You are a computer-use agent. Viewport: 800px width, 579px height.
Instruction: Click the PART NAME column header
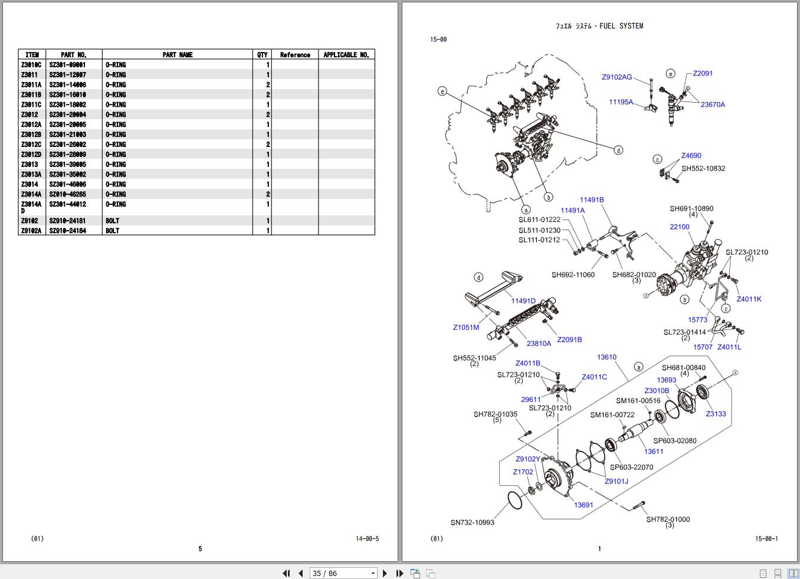(177, 55)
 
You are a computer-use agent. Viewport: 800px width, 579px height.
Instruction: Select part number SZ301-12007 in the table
(67, 75)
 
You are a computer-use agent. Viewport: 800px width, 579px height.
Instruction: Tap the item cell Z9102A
(31, 231)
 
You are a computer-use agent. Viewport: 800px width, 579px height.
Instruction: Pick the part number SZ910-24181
(67, 221)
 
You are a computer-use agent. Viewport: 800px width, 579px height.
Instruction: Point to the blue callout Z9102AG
(617, 77)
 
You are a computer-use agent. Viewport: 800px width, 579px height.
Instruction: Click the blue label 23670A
(713, 104)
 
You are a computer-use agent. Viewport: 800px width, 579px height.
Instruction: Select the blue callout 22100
(679, 227)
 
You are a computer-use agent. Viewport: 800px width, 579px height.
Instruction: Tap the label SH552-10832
(703, 169)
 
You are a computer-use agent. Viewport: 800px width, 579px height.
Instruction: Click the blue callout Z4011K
(749, 299)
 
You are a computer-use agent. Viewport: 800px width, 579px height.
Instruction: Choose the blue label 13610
(606, 357)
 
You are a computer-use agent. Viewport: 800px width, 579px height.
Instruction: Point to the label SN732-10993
(472, 522)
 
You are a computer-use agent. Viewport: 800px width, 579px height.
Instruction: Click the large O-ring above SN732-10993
(514, 500)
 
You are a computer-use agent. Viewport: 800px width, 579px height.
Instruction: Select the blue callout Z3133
(716, 414)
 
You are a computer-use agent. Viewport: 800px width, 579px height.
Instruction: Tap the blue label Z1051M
(466, 328)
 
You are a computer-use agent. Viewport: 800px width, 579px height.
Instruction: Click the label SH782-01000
(668, 519)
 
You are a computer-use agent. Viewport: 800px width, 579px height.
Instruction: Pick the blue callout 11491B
(591, 200)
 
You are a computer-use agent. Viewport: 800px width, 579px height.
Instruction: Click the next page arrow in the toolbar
(385, 573)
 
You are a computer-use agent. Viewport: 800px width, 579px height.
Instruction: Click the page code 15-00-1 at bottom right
(766, 539)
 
